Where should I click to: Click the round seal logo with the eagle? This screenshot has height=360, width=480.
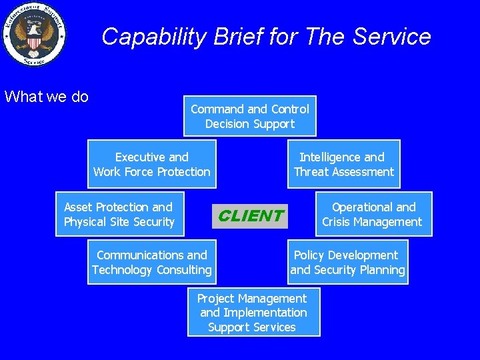coord(34,34)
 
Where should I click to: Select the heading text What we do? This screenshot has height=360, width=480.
coord(46,97)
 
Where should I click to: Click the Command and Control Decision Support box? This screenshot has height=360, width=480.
coord(249,116)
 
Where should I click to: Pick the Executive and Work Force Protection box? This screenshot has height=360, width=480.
coord(151,165)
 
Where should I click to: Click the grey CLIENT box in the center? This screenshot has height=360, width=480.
coord(250,216)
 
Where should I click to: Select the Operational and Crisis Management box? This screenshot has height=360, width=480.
coord(373,215)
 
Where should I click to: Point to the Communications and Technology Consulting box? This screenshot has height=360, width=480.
coord(151,263)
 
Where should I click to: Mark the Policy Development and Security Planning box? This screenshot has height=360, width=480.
coord(347,263)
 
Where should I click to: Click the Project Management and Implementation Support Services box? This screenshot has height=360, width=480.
coord(253,313)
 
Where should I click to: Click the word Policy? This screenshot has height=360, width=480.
coord(309,255)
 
